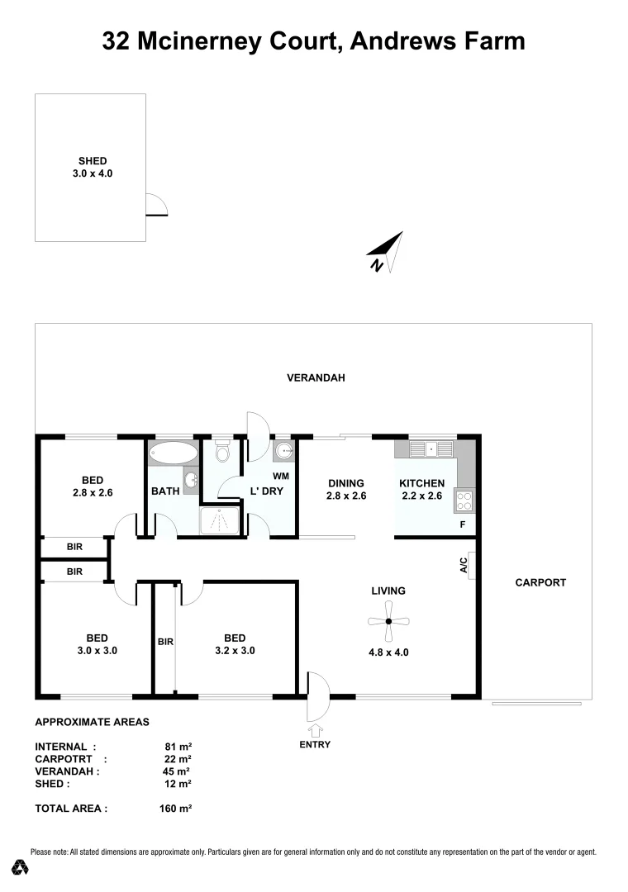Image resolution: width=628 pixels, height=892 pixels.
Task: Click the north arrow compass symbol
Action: pos(386,252)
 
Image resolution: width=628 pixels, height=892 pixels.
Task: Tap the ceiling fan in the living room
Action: pos(388,621)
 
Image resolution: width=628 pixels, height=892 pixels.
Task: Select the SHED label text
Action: pos(93,161)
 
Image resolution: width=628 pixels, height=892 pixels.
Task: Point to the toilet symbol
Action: pos(221,453)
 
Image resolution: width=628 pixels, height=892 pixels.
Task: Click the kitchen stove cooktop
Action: pos(464,500)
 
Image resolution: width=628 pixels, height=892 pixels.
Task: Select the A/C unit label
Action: pos(464,566)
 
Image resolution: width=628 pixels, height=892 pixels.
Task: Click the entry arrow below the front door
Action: pos(315,730)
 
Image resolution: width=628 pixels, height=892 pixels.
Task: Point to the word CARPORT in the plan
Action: pos(540,582)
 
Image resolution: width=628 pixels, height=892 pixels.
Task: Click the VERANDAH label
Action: pos(316,378)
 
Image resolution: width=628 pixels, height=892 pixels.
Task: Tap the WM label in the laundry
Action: pos(280,477)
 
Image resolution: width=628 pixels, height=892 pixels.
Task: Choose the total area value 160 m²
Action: pos(175,809)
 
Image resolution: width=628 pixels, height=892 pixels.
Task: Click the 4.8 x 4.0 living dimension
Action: pos(388,652)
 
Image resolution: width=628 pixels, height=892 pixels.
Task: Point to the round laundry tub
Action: pos(284,450)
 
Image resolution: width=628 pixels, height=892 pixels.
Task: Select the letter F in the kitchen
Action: pos(463,524)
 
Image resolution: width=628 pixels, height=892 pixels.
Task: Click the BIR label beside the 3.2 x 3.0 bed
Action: pos(164,641)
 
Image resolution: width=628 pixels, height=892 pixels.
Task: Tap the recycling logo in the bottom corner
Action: pos(20,867)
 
